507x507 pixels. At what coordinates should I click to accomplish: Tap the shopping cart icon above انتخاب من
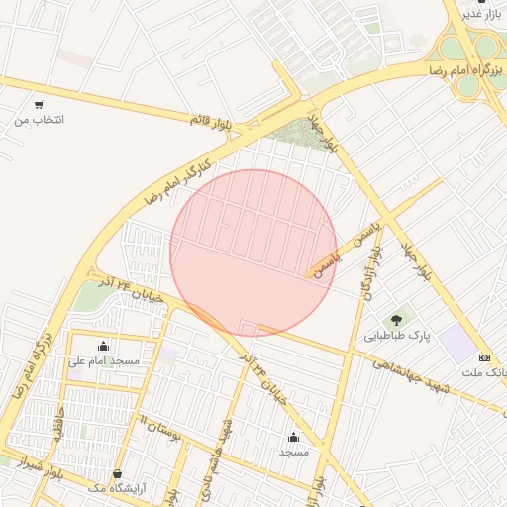click(39, 104)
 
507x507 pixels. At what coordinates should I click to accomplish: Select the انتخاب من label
click(39, 120)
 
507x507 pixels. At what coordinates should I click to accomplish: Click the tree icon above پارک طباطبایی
click(398, 319)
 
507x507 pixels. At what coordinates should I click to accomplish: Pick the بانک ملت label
click(485, 372)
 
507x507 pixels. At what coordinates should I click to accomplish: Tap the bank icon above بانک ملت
click(484, 356)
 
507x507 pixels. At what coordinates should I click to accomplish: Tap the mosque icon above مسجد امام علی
click(103, 346)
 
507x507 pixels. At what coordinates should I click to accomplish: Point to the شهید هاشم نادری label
click(227, 450)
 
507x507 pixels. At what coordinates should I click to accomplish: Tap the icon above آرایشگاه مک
click(117, 473)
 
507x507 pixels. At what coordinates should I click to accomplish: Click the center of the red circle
click(253, 253)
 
